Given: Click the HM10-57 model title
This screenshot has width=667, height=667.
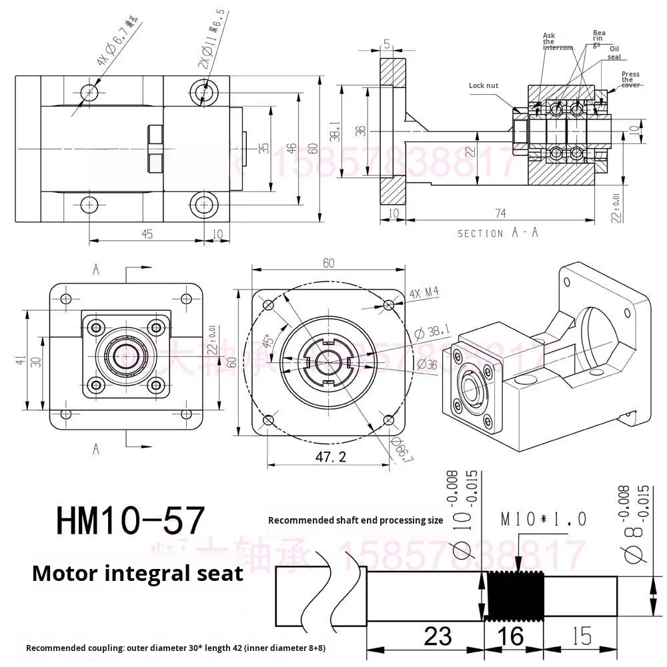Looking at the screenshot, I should [129, 521].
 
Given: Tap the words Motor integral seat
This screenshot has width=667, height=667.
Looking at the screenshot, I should [137, 573].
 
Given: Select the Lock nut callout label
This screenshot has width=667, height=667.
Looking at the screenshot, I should [483, 85].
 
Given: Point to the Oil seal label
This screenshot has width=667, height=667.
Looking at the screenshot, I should [614, 53].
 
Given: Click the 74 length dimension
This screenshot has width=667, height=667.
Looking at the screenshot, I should [500, 213].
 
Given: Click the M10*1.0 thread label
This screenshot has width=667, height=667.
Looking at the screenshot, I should [544, 520].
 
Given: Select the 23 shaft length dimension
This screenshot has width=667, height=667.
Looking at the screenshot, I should [438, 636].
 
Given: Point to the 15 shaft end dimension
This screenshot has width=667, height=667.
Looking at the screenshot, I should [582, 636].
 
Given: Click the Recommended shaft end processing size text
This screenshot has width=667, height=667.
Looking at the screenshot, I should [355, 520].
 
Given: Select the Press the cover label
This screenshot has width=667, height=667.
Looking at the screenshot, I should [630, 79].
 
